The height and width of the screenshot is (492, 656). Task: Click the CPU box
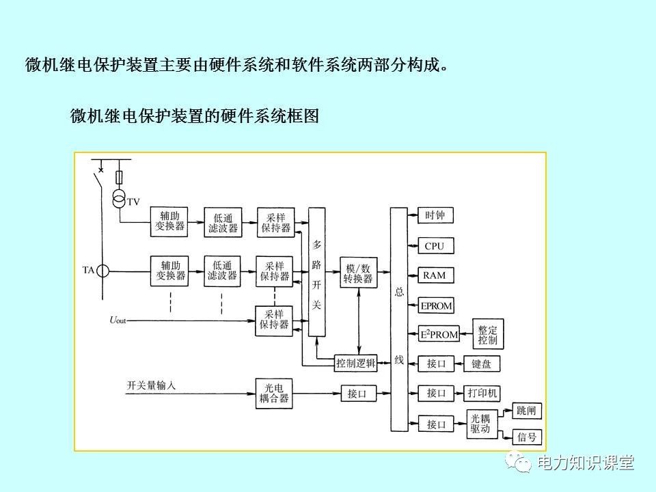435,245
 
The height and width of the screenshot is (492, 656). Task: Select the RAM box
435,275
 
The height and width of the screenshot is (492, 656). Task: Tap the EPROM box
436,305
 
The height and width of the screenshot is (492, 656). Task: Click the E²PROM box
438,335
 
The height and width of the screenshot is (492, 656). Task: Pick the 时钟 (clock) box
435,215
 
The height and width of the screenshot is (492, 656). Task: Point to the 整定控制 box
488,335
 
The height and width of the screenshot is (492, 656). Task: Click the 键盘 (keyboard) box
481,364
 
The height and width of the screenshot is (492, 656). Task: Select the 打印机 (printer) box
482,393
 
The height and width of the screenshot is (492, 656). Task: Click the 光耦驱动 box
480,424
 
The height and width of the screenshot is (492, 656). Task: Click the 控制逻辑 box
355,364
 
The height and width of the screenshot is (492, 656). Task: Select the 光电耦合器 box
274,393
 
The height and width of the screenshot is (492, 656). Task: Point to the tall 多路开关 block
316,272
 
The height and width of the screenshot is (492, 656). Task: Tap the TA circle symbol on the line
102,271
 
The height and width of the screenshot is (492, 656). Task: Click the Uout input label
118,320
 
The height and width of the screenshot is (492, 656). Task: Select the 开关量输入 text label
151,385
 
